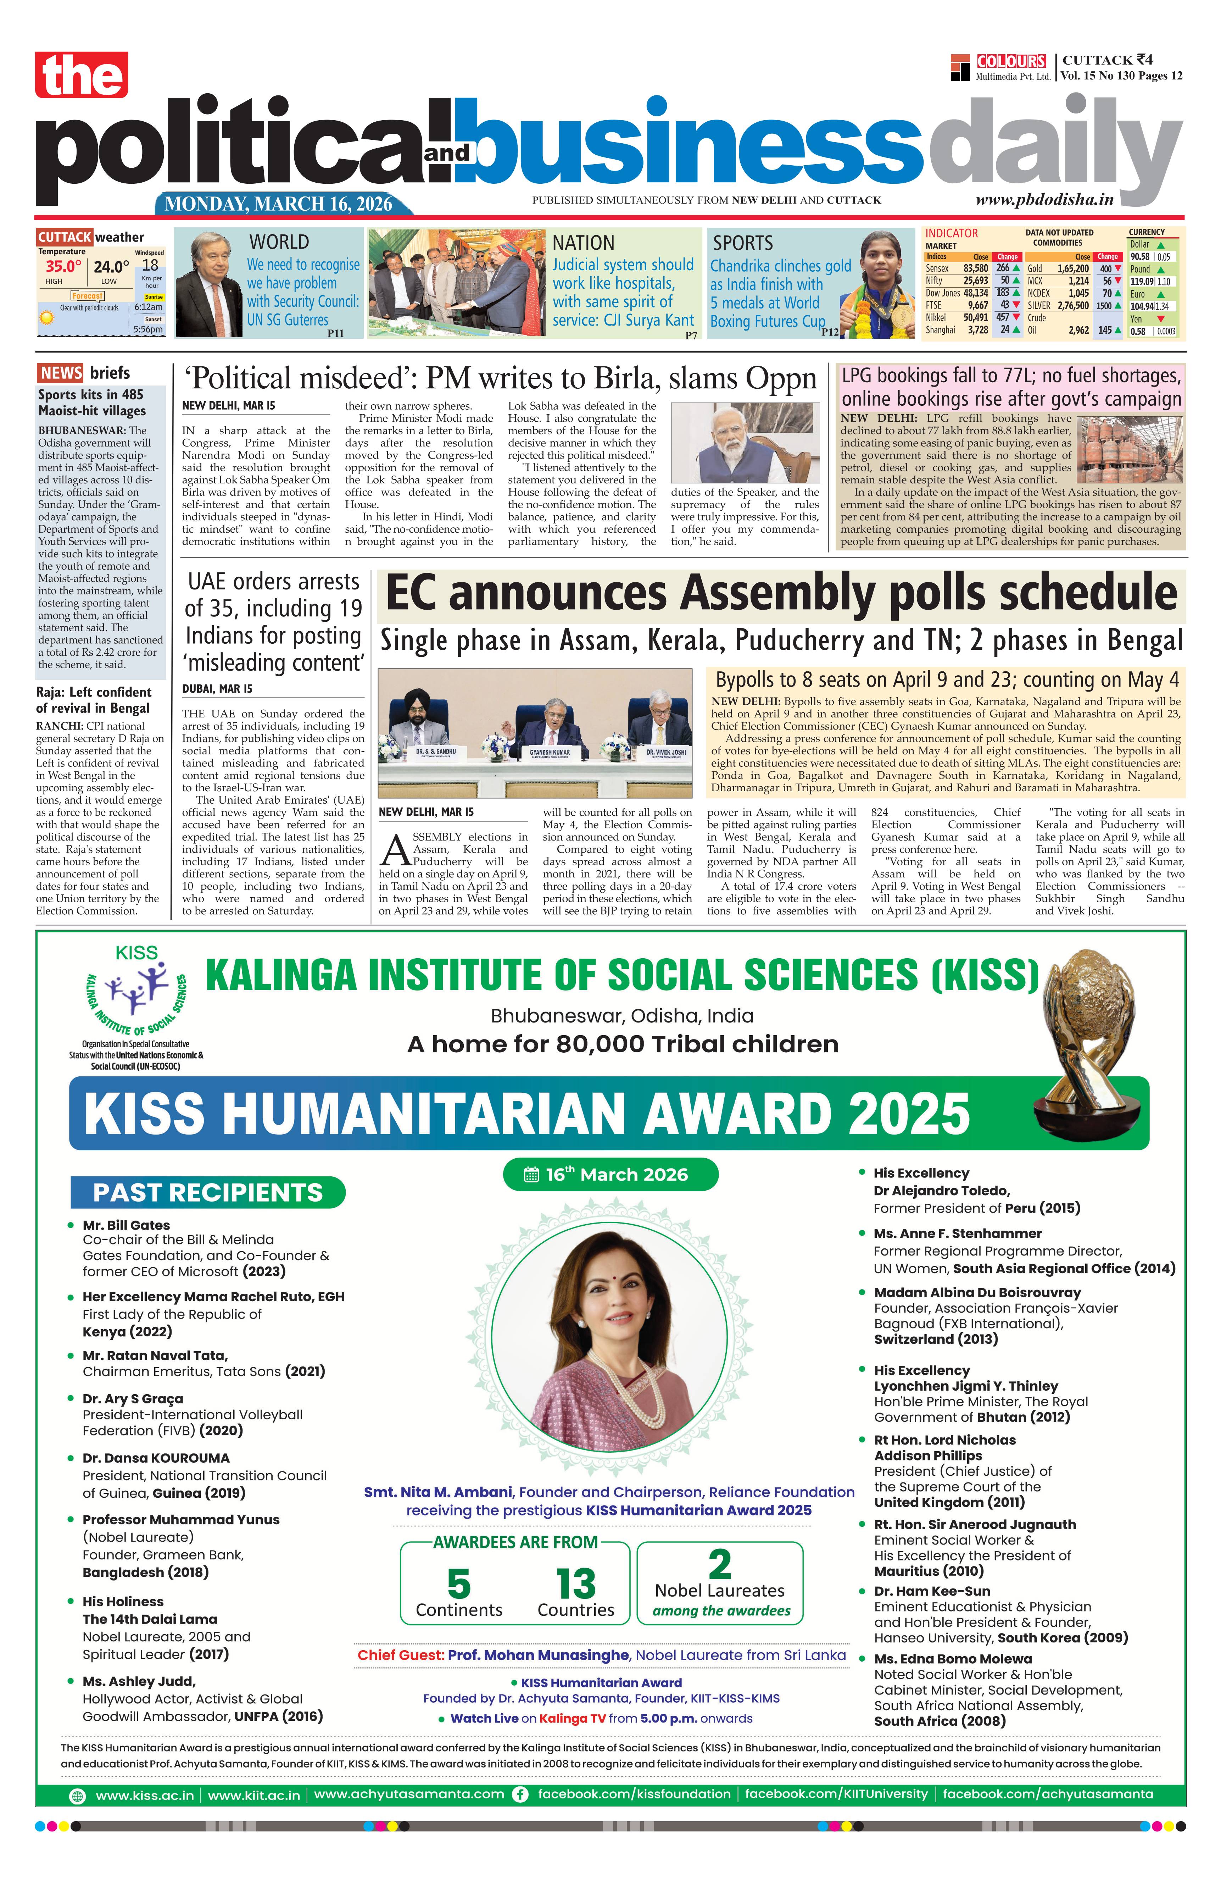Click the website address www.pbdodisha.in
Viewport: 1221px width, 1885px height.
(1044, 200)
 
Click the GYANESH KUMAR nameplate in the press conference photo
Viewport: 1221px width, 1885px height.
(550, 752)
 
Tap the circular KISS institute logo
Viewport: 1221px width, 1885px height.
(136, 994)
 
